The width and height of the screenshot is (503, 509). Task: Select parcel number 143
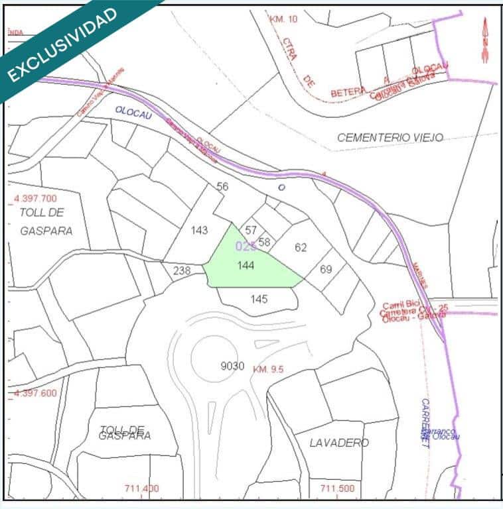tap(199, 230)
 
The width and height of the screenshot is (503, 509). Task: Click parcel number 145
tap(259, 299)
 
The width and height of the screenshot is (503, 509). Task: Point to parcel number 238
tap(181, 270)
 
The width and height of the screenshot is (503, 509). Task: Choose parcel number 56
tap(222, 187)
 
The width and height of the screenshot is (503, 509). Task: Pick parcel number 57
tap(251, 230)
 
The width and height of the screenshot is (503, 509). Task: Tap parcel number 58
tap(264, 242)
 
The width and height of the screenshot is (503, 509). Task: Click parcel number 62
tap(301, 247)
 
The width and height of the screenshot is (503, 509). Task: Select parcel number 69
tap(325, 269)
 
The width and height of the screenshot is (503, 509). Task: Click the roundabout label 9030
tap(232, 366)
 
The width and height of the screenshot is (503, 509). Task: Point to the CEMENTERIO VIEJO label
tap(390, 138)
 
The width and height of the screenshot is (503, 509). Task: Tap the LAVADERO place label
tap(338, 442)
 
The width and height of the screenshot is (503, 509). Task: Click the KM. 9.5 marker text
tap(268, 369)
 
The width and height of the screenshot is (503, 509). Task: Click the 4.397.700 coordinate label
tap(35, 198)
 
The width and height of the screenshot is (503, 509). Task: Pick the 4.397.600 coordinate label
tap(35, 393)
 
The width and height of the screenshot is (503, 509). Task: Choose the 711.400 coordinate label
tap(141, 488)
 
